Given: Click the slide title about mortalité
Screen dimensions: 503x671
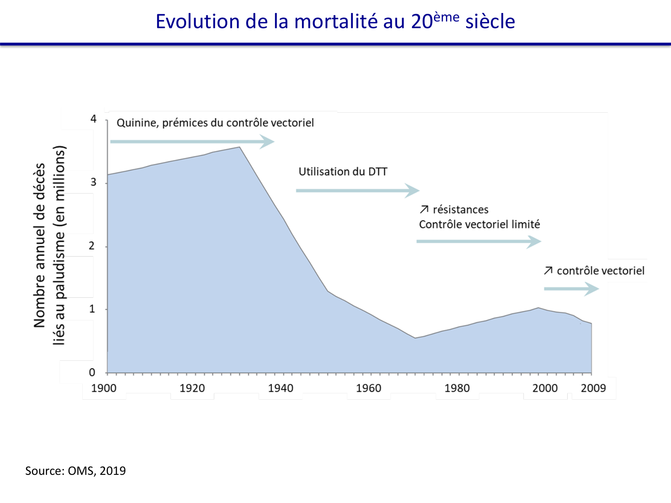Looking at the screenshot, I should click(x=335, y=21).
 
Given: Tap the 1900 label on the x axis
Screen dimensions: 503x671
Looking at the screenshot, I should click(x=104, y=388).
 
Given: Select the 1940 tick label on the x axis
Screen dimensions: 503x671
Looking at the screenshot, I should click(x=280, y=388).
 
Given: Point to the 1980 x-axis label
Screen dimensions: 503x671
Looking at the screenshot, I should click(x=457, y=388).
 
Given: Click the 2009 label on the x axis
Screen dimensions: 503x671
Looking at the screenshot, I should click(x=593, y=388).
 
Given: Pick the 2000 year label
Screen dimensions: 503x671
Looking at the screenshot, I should click(x=545, y=388).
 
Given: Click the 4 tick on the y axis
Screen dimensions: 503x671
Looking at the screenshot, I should click(x=93, y=119).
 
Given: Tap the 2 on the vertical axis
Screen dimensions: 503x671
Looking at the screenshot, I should click(x=92, y=246).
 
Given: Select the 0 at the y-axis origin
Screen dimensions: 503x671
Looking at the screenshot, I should click(x=92, y=372).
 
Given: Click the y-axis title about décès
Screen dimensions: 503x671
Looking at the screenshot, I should click(x=49, y=245).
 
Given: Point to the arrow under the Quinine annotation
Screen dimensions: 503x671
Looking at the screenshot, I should click(x=192, y=142).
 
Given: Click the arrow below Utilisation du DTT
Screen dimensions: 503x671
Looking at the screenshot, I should click(x=357, y=190).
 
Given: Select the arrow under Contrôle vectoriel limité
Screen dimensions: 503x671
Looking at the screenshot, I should click(x=479, y=241).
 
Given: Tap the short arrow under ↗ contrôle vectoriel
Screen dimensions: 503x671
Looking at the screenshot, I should click(x=571, y=289).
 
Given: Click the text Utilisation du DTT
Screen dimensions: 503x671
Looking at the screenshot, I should click(x=343, y=172).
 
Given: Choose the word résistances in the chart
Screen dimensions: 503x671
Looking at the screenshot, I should click(x=460, y=210).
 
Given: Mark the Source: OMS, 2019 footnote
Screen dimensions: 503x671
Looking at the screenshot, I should click(x=76, y=471).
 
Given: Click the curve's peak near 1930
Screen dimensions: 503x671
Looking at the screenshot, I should click(x=239, y=147).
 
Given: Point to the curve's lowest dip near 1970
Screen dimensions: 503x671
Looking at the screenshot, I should click(x=415, y=338).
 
